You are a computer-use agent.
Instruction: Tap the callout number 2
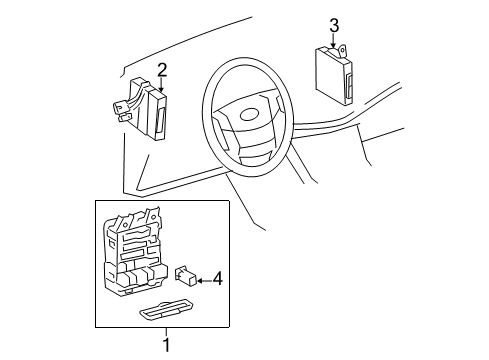point(161,69)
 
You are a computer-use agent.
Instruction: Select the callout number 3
point(335,25)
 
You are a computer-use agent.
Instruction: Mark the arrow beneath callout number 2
point(161,85)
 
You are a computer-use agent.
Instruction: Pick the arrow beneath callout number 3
point(335,41)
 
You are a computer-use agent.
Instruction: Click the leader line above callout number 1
point(165,331)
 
